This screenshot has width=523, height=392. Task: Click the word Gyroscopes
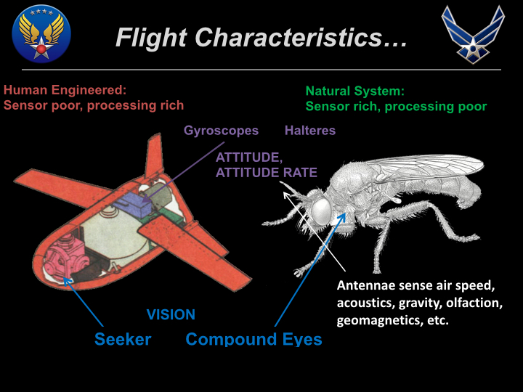[x=221, y=131]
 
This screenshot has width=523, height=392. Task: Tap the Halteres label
[x=310, y=131]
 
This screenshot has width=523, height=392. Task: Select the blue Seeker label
[x=123, y=339]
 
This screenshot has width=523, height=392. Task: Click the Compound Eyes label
[x=254, y=339]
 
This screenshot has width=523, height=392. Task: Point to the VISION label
[x=171, y=315]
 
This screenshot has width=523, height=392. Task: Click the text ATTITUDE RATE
[x=266, y=173]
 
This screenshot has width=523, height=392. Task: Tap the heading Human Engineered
[x=65, y=91]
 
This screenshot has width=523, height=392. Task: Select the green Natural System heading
[x=354, y=91]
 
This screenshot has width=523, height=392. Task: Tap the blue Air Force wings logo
[x=473, y=33]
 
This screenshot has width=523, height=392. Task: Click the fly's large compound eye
[x=323, y=211]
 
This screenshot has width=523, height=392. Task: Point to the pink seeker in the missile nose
[x=63, y=258]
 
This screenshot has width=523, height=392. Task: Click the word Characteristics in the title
[x=300, y=38]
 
